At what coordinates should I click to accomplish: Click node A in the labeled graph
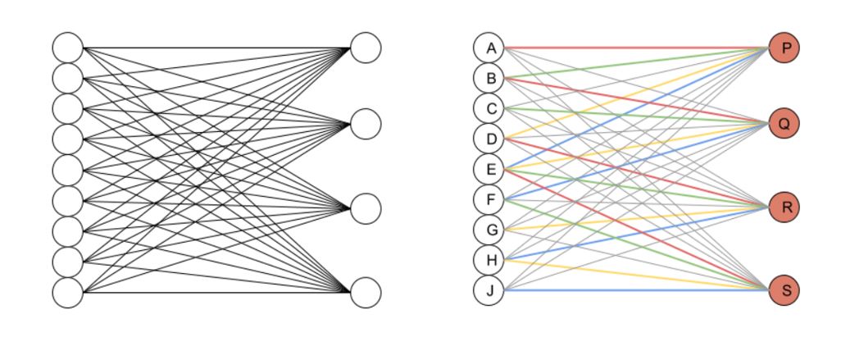489,48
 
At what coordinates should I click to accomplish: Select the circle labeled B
489,78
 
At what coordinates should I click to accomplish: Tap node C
489,108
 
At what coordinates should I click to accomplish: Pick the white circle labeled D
489,139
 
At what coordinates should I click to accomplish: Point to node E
489,170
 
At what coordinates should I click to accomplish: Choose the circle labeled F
489,199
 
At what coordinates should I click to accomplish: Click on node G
489,230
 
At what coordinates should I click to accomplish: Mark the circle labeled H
489,261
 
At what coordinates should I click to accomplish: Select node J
489,291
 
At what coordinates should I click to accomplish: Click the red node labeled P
784,48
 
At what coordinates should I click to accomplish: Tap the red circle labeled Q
784,124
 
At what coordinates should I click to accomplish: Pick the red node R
784,208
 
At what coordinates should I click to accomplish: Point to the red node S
784,291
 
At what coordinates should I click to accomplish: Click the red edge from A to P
639,48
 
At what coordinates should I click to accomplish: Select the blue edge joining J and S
639,291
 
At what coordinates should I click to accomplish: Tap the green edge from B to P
574,69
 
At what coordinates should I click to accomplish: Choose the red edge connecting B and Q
574,91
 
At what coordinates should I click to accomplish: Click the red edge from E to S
574,204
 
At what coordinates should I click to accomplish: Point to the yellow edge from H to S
574,269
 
